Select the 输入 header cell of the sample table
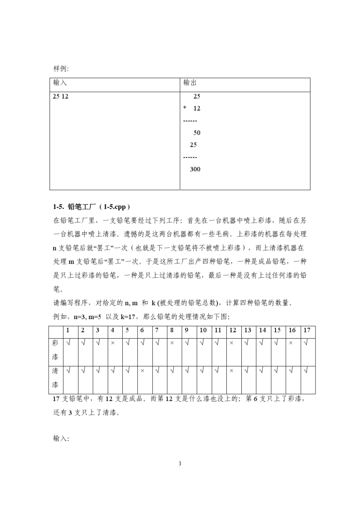[60, 83]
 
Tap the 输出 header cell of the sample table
[190, 83]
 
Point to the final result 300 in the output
[195, 170]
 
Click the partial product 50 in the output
[197, 133]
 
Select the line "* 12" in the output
[192, 109]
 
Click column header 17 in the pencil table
[306, 330]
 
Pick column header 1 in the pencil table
[68, 330]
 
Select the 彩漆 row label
[55, 351]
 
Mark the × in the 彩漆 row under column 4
[112, 343]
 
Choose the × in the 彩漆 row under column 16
[291, 343]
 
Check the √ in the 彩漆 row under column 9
[186, 343]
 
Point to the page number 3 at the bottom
[180, 464]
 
